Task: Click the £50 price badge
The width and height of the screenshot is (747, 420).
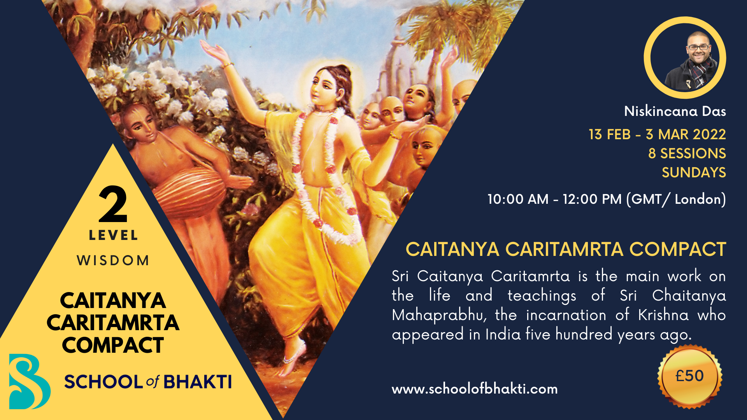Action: [x=689, y=376]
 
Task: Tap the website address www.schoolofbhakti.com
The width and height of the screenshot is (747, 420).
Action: [x=475, y=389]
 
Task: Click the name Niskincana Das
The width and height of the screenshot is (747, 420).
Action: [x=675, y=112]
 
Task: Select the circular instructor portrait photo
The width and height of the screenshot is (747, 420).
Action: [x=685, y=58]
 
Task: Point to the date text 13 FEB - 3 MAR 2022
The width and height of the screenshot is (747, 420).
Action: [x=657, y=135]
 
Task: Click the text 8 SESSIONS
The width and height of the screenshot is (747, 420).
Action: [x=687, y=154]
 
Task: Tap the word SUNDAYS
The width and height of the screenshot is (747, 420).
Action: [x=694, y=173]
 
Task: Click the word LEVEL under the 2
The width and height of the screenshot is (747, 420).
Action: [x=113, y=235]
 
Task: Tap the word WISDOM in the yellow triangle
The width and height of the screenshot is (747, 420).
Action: [x=113, y=260]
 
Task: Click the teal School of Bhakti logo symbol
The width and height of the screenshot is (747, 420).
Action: [x=30, y=381]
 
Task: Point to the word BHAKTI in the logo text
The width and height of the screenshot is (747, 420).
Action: [x=198, y=382]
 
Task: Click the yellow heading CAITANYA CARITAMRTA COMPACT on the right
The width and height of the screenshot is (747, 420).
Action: [x=566, y=249]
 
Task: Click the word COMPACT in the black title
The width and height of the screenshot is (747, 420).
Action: [x=113, y=345]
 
